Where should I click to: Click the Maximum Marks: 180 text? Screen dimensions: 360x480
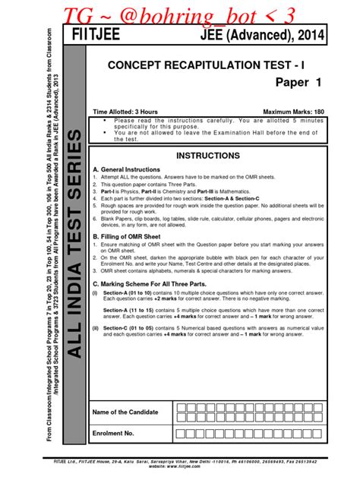point(293,112)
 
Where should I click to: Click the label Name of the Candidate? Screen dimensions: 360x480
point(125,412)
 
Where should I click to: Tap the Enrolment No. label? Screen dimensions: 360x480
point(113,433)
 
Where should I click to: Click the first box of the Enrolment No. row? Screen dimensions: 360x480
point(179,433)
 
